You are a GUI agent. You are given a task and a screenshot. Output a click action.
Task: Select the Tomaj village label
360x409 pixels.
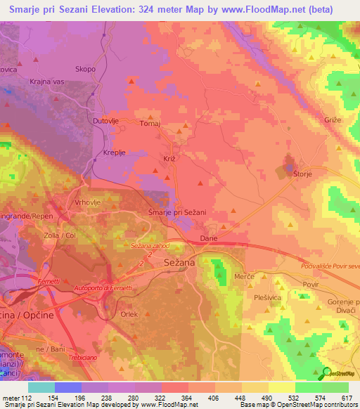click(x=150, y=124)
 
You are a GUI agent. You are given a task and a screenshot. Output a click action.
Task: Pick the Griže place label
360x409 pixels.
click(x=333, y=120)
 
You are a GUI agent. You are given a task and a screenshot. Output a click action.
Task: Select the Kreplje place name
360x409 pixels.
click(x=115, y=152)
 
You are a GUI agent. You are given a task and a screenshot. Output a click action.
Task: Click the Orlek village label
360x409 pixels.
click(x=129, y=314)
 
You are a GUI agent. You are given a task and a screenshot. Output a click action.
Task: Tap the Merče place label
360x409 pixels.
click(x=243, y=278)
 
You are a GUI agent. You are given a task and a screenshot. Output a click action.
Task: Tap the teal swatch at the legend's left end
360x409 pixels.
click(x=41, y=387)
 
